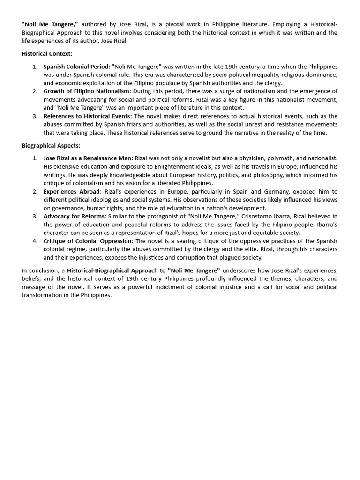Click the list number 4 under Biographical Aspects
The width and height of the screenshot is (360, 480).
(x=35, y=241)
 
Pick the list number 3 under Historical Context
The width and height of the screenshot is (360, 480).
(x=35, y=116)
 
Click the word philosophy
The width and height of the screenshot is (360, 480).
(x=258, y=175)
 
